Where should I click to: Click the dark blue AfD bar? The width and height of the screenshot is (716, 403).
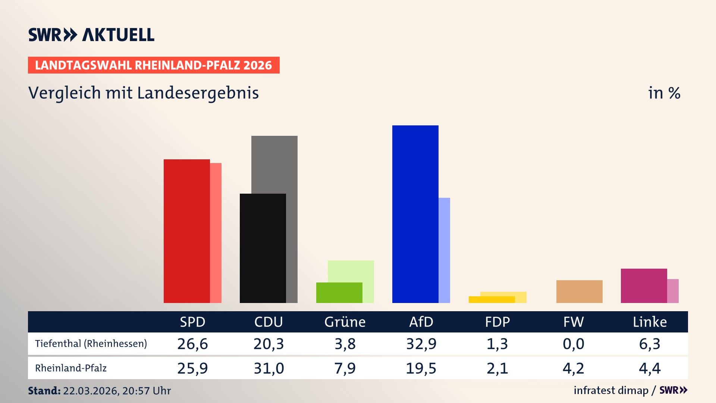(415, 214)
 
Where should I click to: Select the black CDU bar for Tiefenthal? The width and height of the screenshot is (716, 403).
(263, 248)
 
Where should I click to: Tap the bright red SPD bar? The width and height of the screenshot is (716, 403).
(186, 231)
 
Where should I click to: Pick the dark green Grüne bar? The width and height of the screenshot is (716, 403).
(339, 293)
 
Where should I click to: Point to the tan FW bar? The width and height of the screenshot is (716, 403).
(579, 291)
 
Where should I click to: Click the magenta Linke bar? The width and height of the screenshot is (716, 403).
(644, 285)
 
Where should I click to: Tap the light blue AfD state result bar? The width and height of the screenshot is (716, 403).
(444, 250)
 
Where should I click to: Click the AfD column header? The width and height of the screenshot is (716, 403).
(421, 322)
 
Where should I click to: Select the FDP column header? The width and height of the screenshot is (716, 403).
(497, 322)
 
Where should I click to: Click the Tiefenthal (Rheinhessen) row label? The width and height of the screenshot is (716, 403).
(91, 344)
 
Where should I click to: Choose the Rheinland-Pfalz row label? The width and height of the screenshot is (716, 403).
(71, 368)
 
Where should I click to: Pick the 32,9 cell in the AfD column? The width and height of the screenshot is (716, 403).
(421, 344)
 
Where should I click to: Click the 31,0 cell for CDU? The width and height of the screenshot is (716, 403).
(268, 368)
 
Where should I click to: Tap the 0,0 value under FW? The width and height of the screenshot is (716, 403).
(573, 344)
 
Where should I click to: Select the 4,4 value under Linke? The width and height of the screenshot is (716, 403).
(650, 368)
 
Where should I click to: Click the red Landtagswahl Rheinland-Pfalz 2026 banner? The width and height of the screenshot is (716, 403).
(154, 65)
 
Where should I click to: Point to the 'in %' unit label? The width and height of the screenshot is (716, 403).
(664, 93)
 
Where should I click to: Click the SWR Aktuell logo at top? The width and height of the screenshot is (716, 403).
(91, 35)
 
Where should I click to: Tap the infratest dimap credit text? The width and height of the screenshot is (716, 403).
(611, 390)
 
